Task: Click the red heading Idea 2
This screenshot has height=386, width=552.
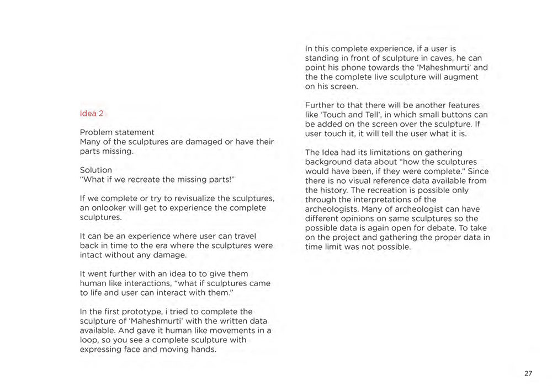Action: pyautogui.click(x=92, y=114)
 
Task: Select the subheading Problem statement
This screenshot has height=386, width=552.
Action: pyautogui.click(x=117, y=132)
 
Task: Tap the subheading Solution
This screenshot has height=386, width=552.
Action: pyautogui.click(x=96, y=170)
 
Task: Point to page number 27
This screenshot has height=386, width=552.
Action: pyautogui.click(x=528, y=373)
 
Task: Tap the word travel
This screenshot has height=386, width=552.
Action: pyautogui.click(x=243, y=236)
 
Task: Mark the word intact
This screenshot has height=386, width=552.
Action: pyautogui.click(x=92, y=255)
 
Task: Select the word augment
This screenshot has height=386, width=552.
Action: pyautogui.click(x=461, y=77)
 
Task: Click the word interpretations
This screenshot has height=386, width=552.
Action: pyautogui.click(x=376, y=199)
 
